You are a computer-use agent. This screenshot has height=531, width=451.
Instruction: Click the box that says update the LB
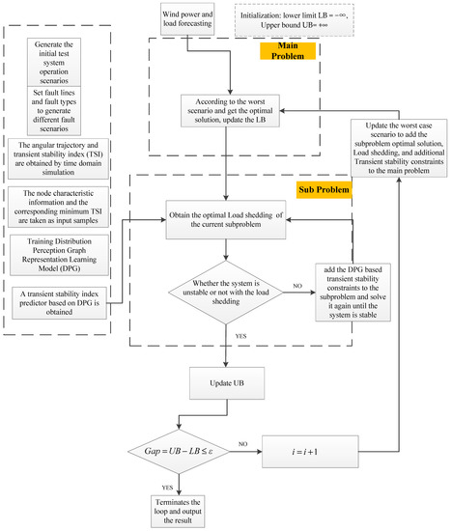click(224, 111)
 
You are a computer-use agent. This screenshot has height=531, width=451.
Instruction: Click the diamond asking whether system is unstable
click(224, 289)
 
